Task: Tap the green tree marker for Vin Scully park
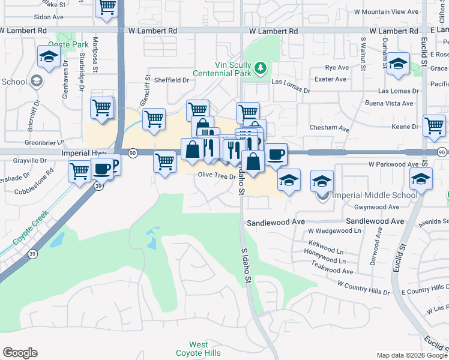tap(261, 67)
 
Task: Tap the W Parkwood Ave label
tap(393, 164)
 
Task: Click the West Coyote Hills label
tap(199, 349)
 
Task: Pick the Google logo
tap(20, 353)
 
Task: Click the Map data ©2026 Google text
tap(411, 355)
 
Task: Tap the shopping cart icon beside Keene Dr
tap(434, 126)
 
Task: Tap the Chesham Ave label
tap(329, 128)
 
